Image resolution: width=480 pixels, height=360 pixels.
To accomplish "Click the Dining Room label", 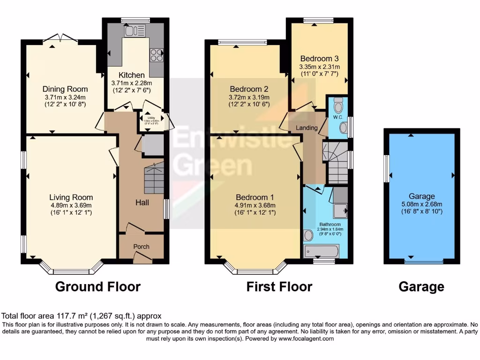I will pyautogui.click(x=65, y=89).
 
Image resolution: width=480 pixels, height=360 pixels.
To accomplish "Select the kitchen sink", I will pyautogui.click(x=134, y=31).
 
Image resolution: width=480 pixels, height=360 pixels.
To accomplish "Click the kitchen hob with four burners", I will pyautogui.click(x=156, y=55).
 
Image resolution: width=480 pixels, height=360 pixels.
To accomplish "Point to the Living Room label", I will pyautogui.click(x=72, y=197).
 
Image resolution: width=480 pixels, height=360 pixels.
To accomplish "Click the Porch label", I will pyautogui.click(x=141, y=247).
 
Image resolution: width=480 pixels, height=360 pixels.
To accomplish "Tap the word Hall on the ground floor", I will pyautogui.click(x=142, y=202).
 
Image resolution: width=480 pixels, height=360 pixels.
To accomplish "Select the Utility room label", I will pyautogui.click(x=151, y=118).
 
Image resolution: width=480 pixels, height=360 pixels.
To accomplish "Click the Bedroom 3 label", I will pyautogui.click(x=319, y=59).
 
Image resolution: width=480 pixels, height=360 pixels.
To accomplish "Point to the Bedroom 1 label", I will pyautogui.click(x=255, y=197).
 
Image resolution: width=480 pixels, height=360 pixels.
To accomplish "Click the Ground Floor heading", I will pyautogui.click(x=98, y=286).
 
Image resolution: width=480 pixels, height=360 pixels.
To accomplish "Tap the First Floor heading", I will pyautogui.click(x=279, y=286).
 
